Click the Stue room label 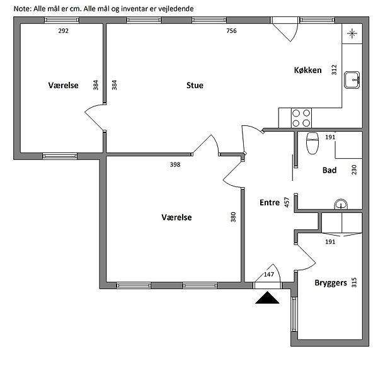[x=195, y=85]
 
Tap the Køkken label [x=308, y=70]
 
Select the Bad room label [x=329, y=170]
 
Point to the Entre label [x=270, y=203]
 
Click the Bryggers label [x=331, y=283]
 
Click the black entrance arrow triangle [x=267, y=297]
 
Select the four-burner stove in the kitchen [x=301, y=118]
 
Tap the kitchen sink [x=352, y=80]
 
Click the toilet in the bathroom [x=312, y=143]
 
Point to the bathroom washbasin [x=341, y=204]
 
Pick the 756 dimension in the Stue [x=231, y=31]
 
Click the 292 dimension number [x=64, y=31]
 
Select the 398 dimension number [x=175, y=164]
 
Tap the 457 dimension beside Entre [x=287, y=202]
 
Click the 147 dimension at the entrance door [x=269, y=275]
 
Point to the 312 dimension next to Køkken [x=334, y=70]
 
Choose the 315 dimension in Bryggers [x=354, y=283]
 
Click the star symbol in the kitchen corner [x=352, y=33]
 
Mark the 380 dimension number [x=233, y=217]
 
